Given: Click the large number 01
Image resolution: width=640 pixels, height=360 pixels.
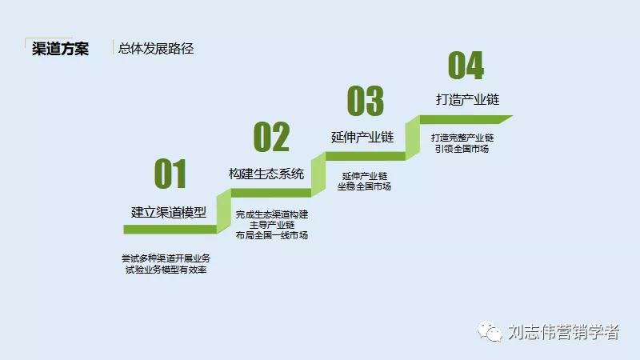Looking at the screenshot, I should point(170,174).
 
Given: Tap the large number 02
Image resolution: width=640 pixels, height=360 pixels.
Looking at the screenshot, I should point(271,137).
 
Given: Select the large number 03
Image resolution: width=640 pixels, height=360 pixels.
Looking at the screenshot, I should point(365,101).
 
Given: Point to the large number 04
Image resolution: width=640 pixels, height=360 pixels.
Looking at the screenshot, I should point(466,66).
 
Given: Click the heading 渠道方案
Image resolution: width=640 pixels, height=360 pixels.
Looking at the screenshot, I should point(60,48).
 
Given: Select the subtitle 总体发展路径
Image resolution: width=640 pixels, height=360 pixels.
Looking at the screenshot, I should point(156,48).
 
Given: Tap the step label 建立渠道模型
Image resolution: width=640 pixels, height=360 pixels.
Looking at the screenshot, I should point(169,212).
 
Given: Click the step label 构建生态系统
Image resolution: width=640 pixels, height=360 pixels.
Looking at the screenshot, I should point(266,174).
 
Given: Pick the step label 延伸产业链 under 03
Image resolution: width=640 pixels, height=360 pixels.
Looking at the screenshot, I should point(362,137).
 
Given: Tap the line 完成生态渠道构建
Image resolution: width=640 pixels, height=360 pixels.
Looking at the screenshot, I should point(272,214).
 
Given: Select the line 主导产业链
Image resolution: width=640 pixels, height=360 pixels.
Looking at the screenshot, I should point(272,225).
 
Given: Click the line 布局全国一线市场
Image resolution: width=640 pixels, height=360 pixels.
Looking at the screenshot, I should point(272,235).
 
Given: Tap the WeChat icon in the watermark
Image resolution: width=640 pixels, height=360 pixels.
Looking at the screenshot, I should point(490,330).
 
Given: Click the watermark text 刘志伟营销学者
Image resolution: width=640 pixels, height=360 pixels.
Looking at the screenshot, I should point(563,331).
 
